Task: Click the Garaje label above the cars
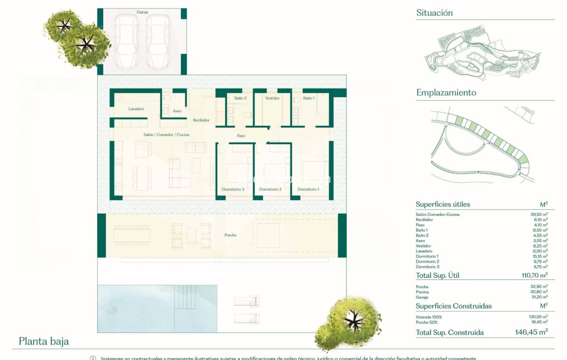click(142, 12)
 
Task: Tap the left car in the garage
click(126, 42)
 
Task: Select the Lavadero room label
click(136, 109)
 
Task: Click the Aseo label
click(177, 111)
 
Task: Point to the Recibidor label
click(201, 120)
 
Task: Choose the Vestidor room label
click(272, 98)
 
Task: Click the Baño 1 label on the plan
click(309, 98)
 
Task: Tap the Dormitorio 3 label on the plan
click(233, 189)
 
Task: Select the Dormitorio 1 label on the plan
click(308, 189)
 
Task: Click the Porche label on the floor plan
click(230, 235)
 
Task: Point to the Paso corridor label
click(241, 136)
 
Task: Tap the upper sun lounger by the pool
click(246, 301)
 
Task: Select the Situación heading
click(434, 13)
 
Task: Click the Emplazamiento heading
click(446, 93)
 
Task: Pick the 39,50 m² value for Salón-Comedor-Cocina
click(539, 214)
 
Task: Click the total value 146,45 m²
click(531, 332)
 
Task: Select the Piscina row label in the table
click(422, 292)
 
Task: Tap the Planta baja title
click(44, 341)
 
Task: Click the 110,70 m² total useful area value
click(534, 275)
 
